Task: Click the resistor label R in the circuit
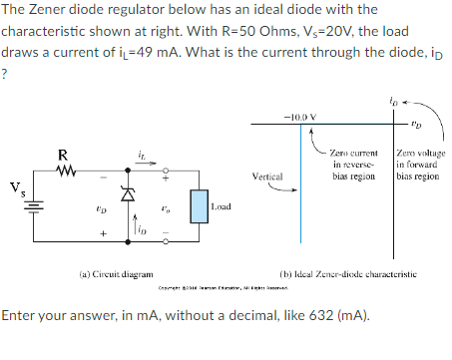[x=63, y=155]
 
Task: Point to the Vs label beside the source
[x=15, y=186]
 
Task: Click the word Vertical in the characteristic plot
[x=271, y=176]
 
